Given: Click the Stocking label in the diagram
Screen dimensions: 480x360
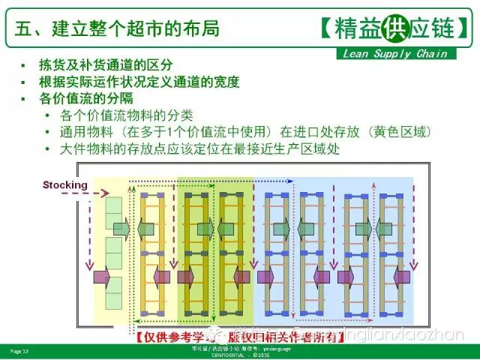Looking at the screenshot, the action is click(x=66, y=184).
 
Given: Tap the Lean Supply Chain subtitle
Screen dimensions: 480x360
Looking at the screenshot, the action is click(x=394, y=53).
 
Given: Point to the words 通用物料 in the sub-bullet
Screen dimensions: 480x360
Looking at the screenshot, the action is click(x=84, y=132).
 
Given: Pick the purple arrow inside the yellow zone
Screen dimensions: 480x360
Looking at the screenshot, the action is click(x=101, y=277).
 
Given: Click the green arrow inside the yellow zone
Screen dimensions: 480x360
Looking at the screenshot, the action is click(x=121, y=228).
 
